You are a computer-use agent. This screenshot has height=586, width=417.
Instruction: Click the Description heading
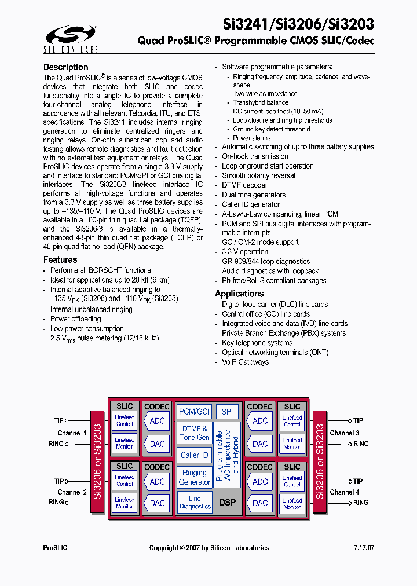pos(66,67)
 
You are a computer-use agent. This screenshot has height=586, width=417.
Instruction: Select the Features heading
pos(60,260)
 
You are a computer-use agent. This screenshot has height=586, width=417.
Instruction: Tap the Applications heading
pos(239,294)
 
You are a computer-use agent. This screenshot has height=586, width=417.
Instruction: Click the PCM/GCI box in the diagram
pos(194,412)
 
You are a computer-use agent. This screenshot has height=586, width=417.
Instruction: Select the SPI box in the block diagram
pos(227,412)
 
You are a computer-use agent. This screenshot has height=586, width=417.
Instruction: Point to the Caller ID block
pos(194,455)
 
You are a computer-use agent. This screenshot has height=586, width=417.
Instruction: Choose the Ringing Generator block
pos(195,477)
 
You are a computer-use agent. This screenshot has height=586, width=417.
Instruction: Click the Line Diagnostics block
pos(195,502)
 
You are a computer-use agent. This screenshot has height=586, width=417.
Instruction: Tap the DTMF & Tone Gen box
pos(195,433)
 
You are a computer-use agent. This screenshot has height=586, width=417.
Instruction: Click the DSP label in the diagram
pos(228,502)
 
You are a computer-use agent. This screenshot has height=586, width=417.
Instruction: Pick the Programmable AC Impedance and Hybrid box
pos(227,455)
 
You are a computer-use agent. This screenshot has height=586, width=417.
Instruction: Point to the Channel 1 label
pos(72,433)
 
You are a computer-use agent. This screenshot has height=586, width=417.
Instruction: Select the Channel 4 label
pos(345,492)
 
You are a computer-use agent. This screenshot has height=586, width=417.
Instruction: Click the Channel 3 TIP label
pos(358,421)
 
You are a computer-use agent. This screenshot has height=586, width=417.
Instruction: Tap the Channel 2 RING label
pos(56,502)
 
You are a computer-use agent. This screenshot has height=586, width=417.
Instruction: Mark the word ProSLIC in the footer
pos(56,548)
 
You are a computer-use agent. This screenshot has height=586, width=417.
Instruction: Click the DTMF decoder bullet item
pos(244,185)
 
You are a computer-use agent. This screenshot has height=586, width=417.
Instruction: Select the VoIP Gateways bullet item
pos(245,362)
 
